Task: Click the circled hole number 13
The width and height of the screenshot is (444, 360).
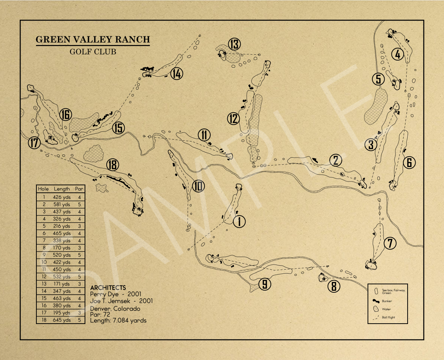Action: click(234, 44)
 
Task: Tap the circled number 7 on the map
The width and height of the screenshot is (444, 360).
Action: click(390, 243)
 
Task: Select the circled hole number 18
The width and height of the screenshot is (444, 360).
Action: click(112, 165)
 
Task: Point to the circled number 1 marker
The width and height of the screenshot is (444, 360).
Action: click(239, 221)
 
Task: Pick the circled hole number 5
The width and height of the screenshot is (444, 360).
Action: click(378, 79)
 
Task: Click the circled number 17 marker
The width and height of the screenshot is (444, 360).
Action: click(34, 143)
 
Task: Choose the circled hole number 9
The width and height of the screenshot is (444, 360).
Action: click(265, 284)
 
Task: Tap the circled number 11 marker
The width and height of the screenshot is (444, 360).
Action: click(204, 135)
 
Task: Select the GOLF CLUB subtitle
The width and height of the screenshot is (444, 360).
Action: click(93, 51)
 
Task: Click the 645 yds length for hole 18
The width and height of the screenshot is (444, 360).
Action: click(62, 320)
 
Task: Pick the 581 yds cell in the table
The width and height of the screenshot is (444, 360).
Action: click(62, 204)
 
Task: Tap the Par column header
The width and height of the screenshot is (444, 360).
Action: click(79, 189)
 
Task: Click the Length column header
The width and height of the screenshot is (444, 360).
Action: click(62, 189)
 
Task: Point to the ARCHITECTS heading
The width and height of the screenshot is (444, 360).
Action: click(108, 288)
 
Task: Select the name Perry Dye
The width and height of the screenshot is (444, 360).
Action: click(104, 294)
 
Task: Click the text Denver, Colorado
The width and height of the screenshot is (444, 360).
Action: click(115, 309)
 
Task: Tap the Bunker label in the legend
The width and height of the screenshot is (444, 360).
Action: click(387, 301)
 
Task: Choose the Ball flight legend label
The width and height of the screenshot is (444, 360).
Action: click(388, 318)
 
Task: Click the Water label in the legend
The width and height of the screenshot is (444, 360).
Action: click(386, 309)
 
